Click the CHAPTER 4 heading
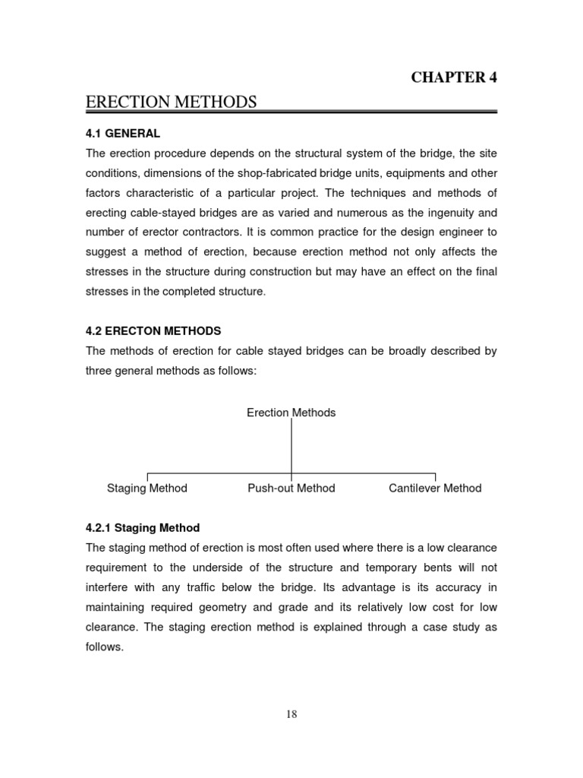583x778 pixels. [454, 77]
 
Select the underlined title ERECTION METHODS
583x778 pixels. [172, 102]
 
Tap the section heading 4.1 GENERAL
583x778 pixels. [122, 134]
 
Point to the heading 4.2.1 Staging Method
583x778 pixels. [143, 528]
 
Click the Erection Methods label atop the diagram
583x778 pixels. [291, 413]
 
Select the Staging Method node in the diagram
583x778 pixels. [147, 489]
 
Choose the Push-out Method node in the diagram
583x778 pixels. [291, 489]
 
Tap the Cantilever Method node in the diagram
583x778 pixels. [435, 489]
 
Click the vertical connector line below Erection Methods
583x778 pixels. [291, 448]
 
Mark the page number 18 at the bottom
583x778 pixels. [291, 713]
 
